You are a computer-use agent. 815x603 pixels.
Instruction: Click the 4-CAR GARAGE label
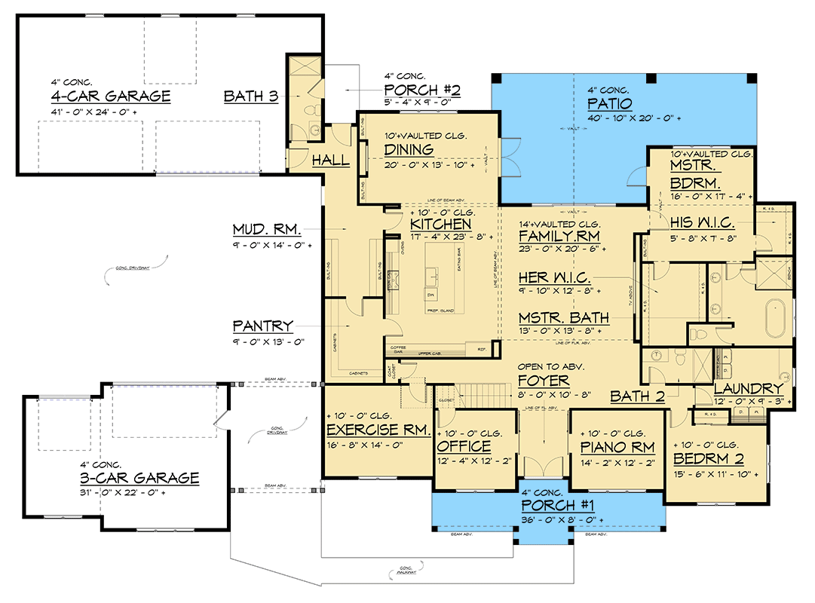coord(110,96)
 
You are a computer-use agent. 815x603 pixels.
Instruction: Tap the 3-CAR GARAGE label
coord(139,478)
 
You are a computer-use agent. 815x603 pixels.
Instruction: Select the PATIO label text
coord(611,103)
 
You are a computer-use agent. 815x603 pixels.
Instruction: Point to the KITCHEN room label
coord(441,224)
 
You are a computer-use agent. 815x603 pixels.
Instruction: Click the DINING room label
coord(409,149)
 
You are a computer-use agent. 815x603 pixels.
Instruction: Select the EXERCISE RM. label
coord(378,430)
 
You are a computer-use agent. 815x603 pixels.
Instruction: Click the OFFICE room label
coord(464,446)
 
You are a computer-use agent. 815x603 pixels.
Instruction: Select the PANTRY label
coord(262,326)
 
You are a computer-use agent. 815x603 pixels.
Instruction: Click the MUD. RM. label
coord(266,229)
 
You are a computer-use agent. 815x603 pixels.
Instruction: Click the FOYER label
coord(544,381)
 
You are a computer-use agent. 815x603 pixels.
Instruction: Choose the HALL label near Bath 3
coord(331,160)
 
